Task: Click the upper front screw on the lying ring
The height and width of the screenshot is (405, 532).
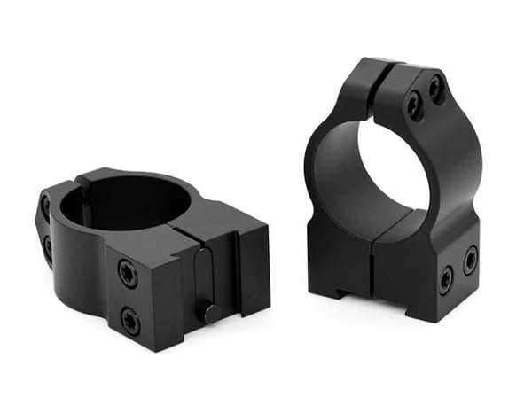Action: point(128,275)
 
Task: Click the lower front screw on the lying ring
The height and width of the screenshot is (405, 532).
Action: point(131,321)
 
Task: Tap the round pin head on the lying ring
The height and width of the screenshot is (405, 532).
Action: point(210,312)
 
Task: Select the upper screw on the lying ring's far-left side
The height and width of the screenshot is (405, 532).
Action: point(45,208)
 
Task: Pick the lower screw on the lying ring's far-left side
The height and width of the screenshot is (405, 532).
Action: point(47,247)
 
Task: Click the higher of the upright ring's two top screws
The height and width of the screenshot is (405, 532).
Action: point(435,87)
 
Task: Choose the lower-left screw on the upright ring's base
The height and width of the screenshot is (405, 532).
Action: point(445,281)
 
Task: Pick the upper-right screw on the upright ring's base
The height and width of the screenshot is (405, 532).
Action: point(470,260)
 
